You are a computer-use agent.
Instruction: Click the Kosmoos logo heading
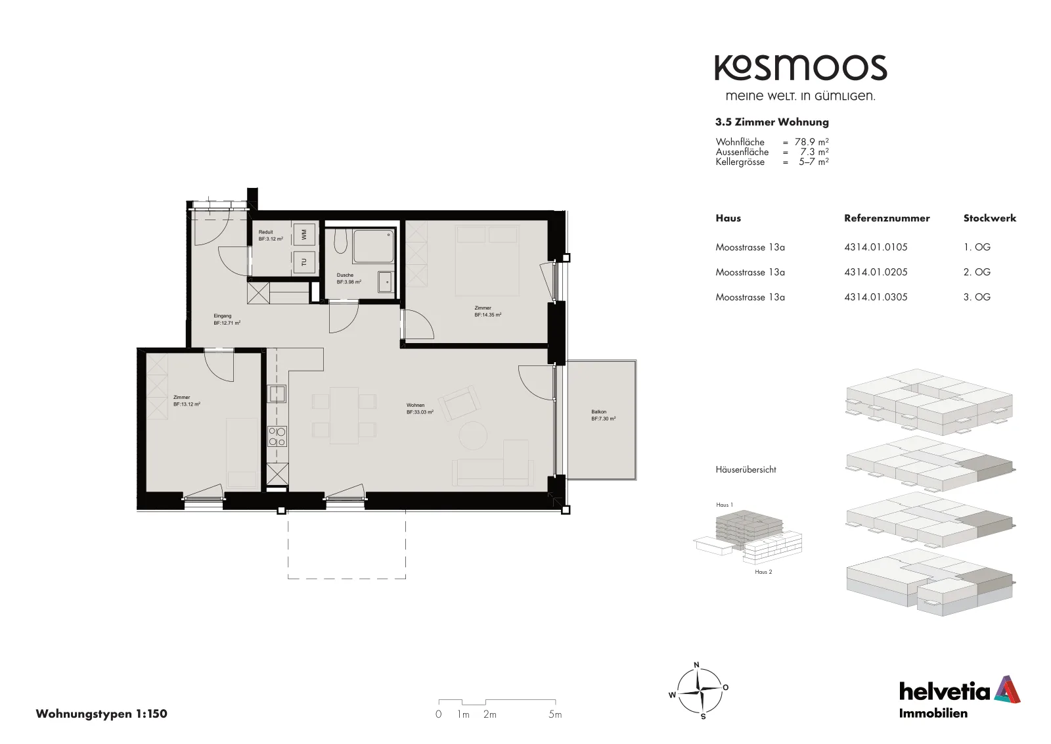pos(801,68)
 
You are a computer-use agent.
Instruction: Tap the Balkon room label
pos(598,411)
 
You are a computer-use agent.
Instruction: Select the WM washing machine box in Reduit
pos(304,233)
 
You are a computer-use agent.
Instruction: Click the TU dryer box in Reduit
pos(304,262)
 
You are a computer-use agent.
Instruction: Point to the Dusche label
pos(345,275)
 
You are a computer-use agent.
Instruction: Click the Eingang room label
pos(223,316)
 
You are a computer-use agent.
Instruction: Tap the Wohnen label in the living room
pos(415,405)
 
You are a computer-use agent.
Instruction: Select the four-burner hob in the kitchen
pos(277,436)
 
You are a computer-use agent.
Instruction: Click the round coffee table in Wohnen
pos(473,436)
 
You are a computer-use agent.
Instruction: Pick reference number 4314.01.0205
pos(876,272)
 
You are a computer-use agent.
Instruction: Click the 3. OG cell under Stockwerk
pos(977,296)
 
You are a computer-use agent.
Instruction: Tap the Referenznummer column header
pos(887,218)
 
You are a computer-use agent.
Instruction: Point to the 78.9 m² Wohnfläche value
pos(812,141)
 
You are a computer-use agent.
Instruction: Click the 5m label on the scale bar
pos(555,714)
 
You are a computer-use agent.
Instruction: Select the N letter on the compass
pos(697,664)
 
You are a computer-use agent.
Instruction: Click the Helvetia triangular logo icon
pos(1008,689)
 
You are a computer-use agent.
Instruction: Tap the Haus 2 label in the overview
pos(763,572)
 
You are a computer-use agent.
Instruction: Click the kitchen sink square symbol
pos(277,393)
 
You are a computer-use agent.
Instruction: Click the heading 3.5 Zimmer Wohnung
pos(772,122)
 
